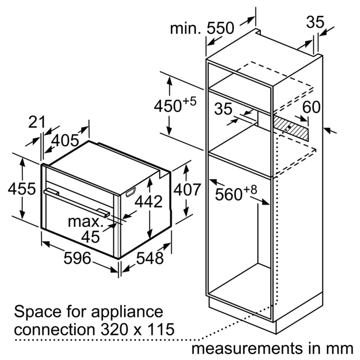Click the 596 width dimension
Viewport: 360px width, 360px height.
pos(77,258)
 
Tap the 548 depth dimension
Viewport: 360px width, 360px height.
pos(150,258)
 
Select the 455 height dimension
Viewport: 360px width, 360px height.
pos(22,189)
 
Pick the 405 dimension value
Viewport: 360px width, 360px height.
pos(65,140)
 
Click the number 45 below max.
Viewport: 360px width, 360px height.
pos(90,237)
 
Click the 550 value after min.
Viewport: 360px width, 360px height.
pos(220,28)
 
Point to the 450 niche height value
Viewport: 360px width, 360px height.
pos(167,106)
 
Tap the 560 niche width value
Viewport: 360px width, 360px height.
pos(228,195)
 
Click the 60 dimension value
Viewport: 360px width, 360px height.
pos(311,107)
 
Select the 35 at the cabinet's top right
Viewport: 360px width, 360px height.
pos(315,22)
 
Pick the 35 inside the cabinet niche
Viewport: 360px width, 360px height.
pos(224,109)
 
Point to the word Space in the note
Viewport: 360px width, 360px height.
pos(34,312)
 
